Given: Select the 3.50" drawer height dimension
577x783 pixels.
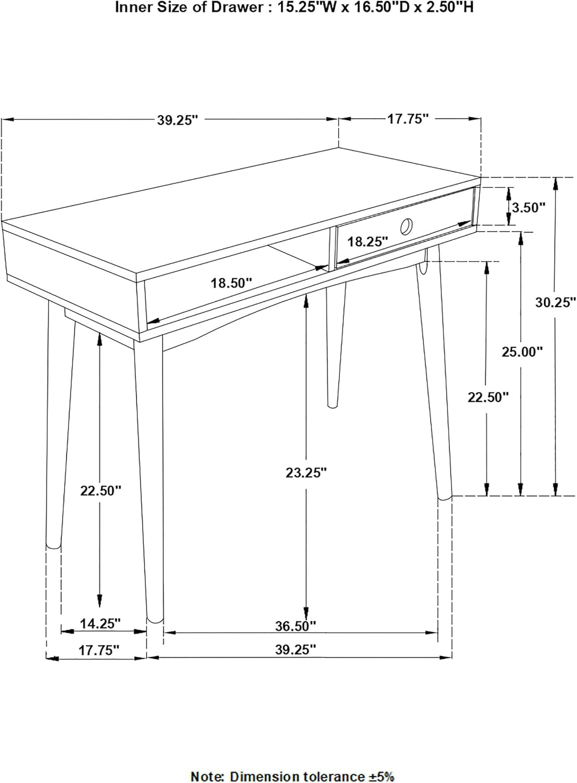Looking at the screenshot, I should tap(528, 207).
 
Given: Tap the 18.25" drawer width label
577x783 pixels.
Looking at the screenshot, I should tap(368, 242).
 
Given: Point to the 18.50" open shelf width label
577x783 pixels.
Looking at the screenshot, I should tap(231, 283).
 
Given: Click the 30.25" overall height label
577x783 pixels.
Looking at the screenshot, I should tap(556, 302).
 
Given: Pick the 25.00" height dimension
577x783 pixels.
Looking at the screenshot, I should tap(522, 352).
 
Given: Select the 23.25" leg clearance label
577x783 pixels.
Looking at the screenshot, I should tap(306, 472).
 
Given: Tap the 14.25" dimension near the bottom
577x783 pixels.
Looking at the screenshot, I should tap(100, 623).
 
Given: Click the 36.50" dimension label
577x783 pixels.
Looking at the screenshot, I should tap(296, 625).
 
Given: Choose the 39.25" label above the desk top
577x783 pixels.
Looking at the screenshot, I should tap(178, 120).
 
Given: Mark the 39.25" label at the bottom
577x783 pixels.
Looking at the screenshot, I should tap(296, 650).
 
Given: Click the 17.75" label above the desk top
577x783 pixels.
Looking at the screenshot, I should tap(407, 119).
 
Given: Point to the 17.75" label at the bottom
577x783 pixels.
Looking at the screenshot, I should tap(99, 650).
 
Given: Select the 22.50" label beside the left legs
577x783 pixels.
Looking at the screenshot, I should tap(101, 491).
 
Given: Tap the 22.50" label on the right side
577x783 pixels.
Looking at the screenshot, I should tap(488, 397).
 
